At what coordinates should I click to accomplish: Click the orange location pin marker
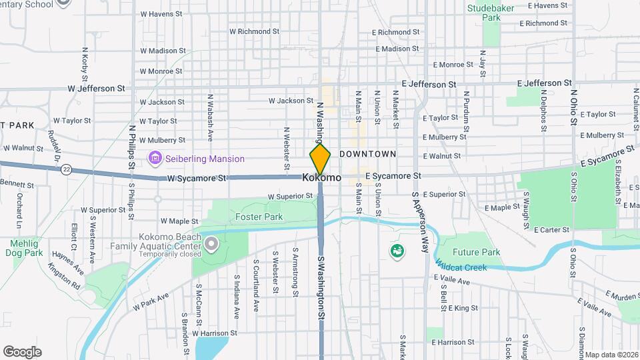(320, 159)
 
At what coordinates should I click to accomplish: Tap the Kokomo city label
(322, 178)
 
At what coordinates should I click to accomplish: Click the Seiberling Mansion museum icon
(155, 159)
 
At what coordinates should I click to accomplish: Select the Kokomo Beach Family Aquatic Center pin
(211, 245)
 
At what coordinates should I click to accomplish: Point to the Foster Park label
(259, 217)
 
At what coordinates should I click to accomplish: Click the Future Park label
(476, 253)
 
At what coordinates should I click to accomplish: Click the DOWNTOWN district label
(367, 154)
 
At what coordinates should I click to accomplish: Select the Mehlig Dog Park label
(24, 249)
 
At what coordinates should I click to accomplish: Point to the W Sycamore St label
(197, 178)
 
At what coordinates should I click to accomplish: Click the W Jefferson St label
(96, 88)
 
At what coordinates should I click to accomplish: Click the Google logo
(22, 351)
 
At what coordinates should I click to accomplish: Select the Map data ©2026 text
(611, 355)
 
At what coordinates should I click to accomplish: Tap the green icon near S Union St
(397, 251)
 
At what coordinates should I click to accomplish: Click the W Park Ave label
(151, 301)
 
